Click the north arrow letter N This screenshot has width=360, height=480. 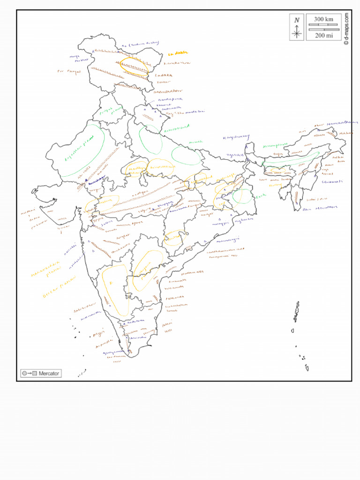296,20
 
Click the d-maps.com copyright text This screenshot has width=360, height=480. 346,28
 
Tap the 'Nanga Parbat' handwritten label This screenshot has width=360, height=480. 75,58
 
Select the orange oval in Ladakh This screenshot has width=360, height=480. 134,66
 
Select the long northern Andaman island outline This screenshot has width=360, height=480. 296,312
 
